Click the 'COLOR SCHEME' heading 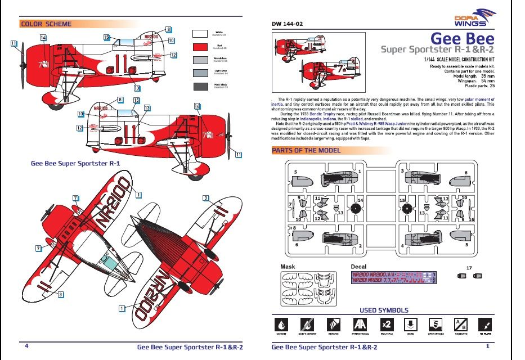click(x=46, y=24)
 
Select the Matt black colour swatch click(x=201, y=86)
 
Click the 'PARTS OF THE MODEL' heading click(x=306, y=150)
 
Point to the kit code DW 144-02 click(x=288, y=24)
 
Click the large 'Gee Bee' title click(x=462, y=38)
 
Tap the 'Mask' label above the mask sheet click(x=288, y=266)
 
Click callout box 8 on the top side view click(x=168, y=29)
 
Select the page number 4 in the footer click(x=26, y=346)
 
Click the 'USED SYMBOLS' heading click(x=384, y=310)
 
